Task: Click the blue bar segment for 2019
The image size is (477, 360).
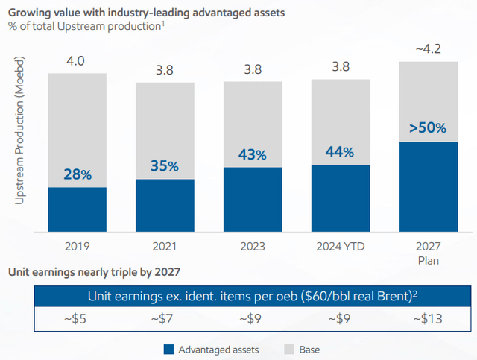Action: pos(77,209)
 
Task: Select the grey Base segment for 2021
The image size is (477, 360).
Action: pos(165,130)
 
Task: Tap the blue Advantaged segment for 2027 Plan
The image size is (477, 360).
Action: pos(428,186)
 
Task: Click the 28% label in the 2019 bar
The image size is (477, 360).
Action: pos(77,174)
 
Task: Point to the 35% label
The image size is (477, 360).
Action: pos(164,165)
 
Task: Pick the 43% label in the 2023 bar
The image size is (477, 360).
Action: pos(253,154)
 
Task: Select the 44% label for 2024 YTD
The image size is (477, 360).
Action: pos(341,151)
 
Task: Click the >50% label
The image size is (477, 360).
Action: pos(428,127)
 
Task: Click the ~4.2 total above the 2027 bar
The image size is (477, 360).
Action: pos(428,49)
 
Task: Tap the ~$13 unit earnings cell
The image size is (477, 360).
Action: pos(428,319)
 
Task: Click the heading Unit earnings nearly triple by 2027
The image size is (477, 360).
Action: pos(93,271)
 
